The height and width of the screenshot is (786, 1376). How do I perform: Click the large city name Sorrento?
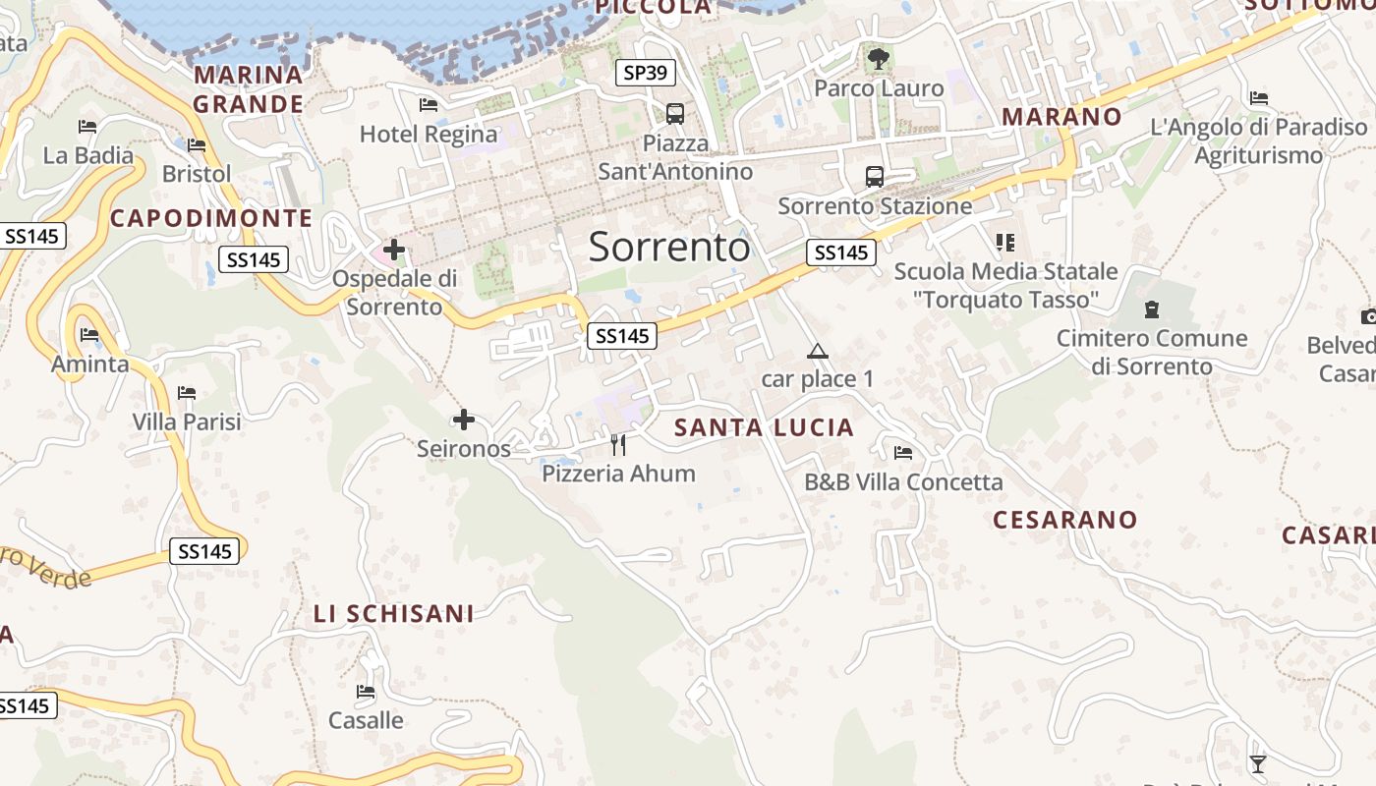click(669, 247)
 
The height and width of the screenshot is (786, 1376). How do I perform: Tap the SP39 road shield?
click(647, 72)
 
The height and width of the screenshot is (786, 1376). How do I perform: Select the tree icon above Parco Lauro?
click(878, 59)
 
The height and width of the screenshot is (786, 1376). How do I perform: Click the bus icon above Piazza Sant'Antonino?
click(675, 113)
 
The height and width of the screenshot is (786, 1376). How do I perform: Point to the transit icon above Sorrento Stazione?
click(874, 177)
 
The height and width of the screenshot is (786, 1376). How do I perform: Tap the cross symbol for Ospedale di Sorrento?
click(394, 250)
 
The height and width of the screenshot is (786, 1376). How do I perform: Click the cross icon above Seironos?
click(464, 421)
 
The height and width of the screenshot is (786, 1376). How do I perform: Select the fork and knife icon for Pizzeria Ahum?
click(618, 445)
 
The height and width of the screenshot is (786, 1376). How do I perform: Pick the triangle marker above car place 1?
click(817, 351)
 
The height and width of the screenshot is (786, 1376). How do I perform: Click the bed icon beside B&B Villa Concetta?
click(903, 453)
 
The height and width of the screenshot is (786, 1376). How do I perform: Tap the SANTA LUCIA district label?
click(764, 427)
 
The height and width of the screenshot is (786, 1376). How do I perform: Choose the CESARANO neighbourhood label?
click(1064, 520)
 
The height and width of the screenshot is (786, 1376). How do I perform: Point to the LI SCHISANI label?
click(393, 614)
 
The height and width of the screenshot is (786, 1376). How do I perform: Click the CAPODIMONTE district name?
click(211, 218)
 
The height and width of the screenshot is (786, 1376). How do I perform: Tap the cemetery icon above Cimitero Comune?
click(1152, 310)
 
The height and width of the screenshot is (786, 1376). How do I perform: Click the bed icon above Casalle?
click(366, 692)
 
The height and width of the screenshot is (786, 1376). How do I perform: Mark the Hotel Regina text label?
click(429, 134)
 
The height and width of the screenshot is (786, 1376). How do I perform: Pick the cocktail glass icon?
click(1257, 763)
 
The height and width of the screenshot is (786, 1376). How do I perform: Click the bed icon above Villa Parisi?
click(187, 393)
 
